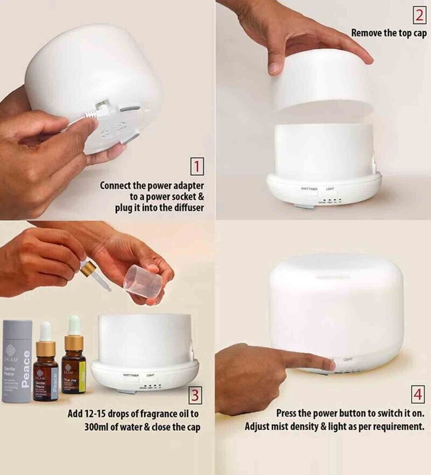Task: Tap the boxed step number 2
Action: click(x=420, y=16)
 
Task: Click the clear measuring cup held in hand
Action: click(x=143, y=283)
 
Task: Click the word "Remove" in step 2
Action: click(x=367, y=33)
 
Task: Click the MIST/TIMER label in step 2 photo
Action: click(x=309, y=189)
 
